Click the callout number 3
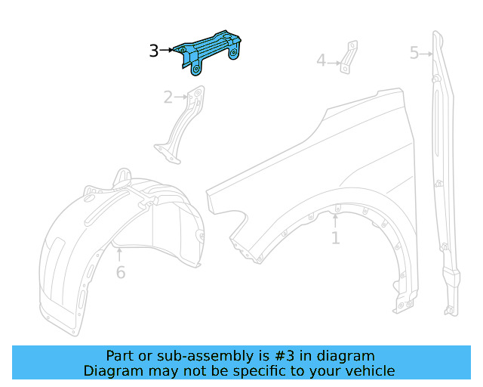(153, 51)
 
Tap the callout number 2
(168, 97)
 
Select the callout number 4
(321, 60)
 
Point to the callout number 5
(414, 53)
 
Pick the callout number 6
(121, 272)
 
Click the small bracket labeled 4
(346, 57)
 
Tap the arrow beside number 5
(427, 53)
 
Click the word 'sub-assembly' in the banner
(201, 356)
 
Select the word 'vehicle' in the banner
(370, 371)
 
